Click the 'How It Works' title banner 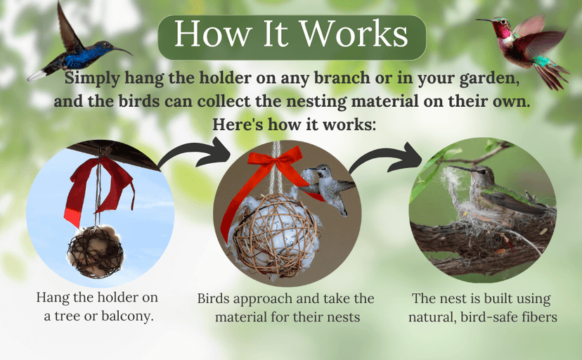click(291, 36)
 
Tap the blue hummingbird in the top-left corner click(79, 53)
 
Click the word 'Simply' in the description click(88, 76)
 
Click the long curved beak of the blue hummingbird click(120, 50)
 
